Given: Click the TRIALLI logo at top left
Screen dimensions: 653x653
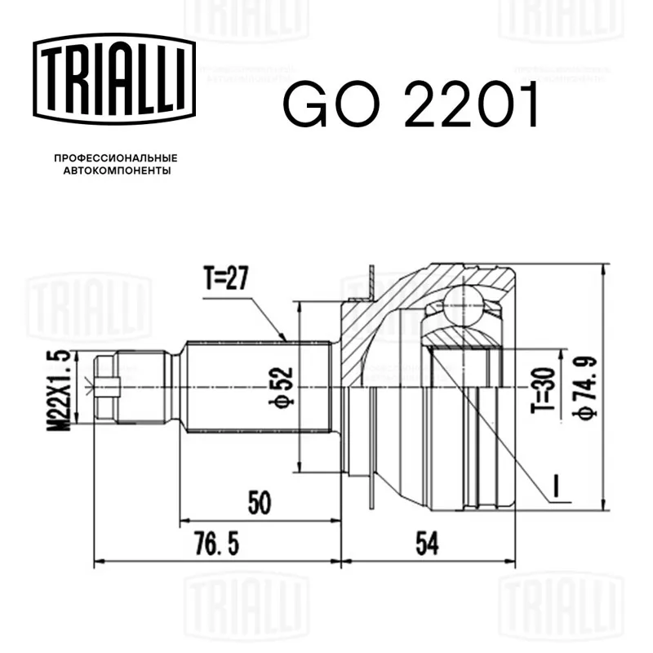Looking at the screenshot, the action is pos(114,78).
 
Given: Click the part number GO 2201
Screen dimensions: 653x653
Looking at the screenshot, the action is pos(411,104).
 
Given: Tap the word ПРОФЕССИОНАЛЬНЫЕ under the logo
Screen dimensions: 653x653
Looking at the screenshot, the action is pos(116,158).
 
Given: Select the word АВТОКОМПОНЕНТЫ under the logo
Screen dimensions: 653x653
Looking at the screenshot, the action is pos(117,171).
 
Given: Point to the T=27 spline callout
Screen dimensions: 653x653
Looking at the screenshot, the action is pos(226,278).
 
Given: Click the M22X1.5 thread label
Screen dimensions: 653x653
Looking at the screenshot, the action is pos(58,390).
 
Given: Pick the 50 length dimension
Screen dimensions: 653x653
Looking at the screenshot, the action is pos(260,502).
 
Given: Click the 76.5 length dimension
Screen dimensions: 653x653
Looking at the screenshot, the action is pos(217,544).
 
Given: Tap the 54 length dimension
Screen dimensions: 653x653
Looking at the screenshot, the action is pos(427,544).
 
